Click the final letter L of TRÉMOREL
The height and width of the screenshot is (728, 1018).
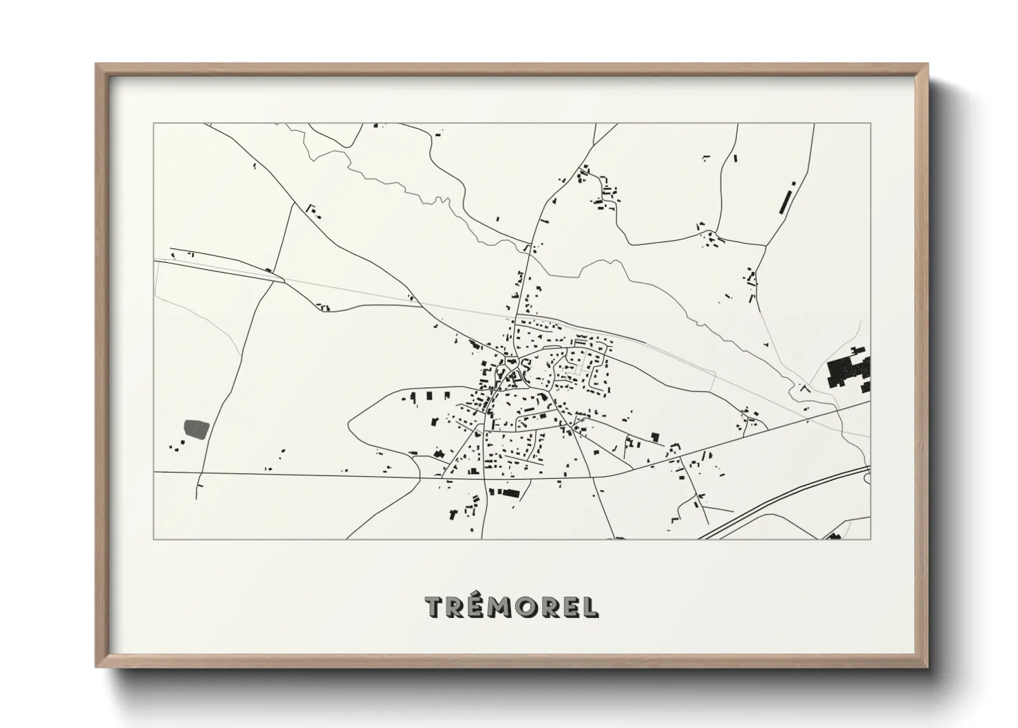[x=591, y=606]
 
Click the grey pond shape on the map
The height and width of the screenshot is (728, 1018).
[x=195, y=429]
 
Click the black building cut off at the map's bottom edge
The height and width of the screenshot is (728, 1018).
[x=834, y=536]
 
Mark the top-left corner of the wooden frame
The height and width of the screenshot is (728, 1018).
[x=97, y=65]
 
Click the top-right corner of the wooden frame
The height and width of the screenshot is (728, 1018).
[x=927, y=65]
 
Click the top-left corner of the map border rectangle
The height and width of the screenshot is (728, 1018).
[x=153, y=124]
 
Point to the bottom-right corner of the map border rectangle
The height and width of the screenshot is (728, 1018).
[x=871, y=539]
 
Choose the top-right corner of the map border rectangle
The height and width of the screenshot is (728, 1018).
[x=871, y=124]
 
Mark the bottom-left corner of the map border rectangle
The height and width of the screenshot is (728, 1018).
[x=153, y=539]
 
